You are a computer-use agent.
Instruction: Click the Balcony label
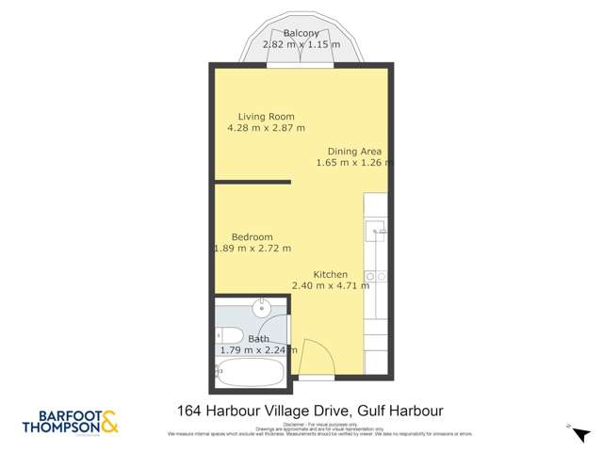(x=301, y=33)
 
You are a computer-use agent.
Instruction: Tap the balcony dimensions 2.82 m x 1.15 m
(x=301, y=44)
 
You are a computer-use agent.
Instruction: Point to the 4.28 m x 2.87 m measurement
(x=266, y=128)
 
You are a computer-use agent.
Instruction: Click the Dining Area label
(x=354, y=151)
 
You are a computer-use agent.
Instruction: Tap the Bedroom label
(x=252, y=237)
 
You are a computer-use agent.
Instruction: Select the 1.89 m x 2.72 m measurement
(x=253, y=249)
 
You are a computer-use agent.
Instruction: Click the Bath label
(x=258, y=339)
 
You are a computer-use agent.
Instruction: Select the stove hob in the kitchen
(x=375, y=276)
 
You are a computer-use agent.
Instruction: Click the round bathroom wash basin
(x=264, y=308)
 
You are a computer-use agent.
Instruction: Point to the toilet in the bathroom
(x=224, y=334)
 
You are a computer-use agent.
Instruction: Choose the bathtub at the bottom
(x=250, y=372)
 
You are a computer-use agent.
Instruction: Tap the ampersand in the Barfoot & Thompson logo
(x=109, y=421)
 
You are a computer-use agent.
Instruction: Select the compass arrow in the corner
(x=569, y=426)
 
